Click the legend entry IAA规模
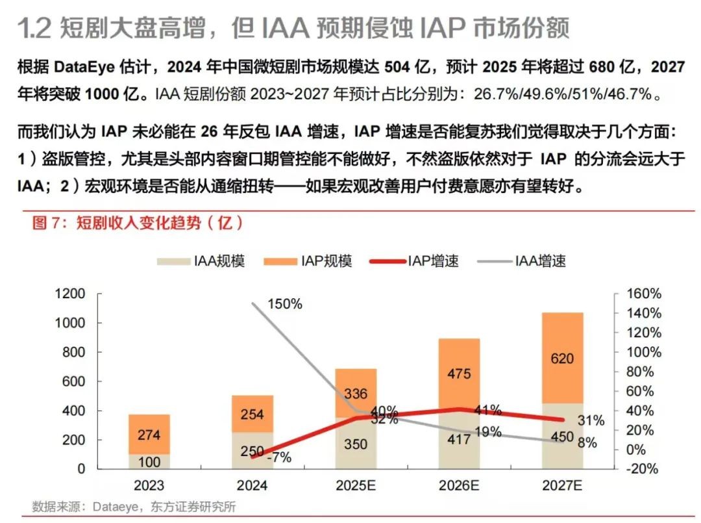[201, 261]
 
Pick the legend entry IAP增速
[415, 261]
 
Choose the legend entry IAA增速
[522, 261]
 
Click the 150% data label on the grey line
[285, 304]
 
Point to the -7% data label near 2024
[280, 457]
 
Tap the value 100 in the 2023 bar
[149, 462]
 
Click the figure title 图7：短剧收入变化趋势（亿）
[138, 223]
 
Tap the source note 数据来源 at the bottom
[54, 506]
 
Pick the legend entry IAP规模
[308, 261]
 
